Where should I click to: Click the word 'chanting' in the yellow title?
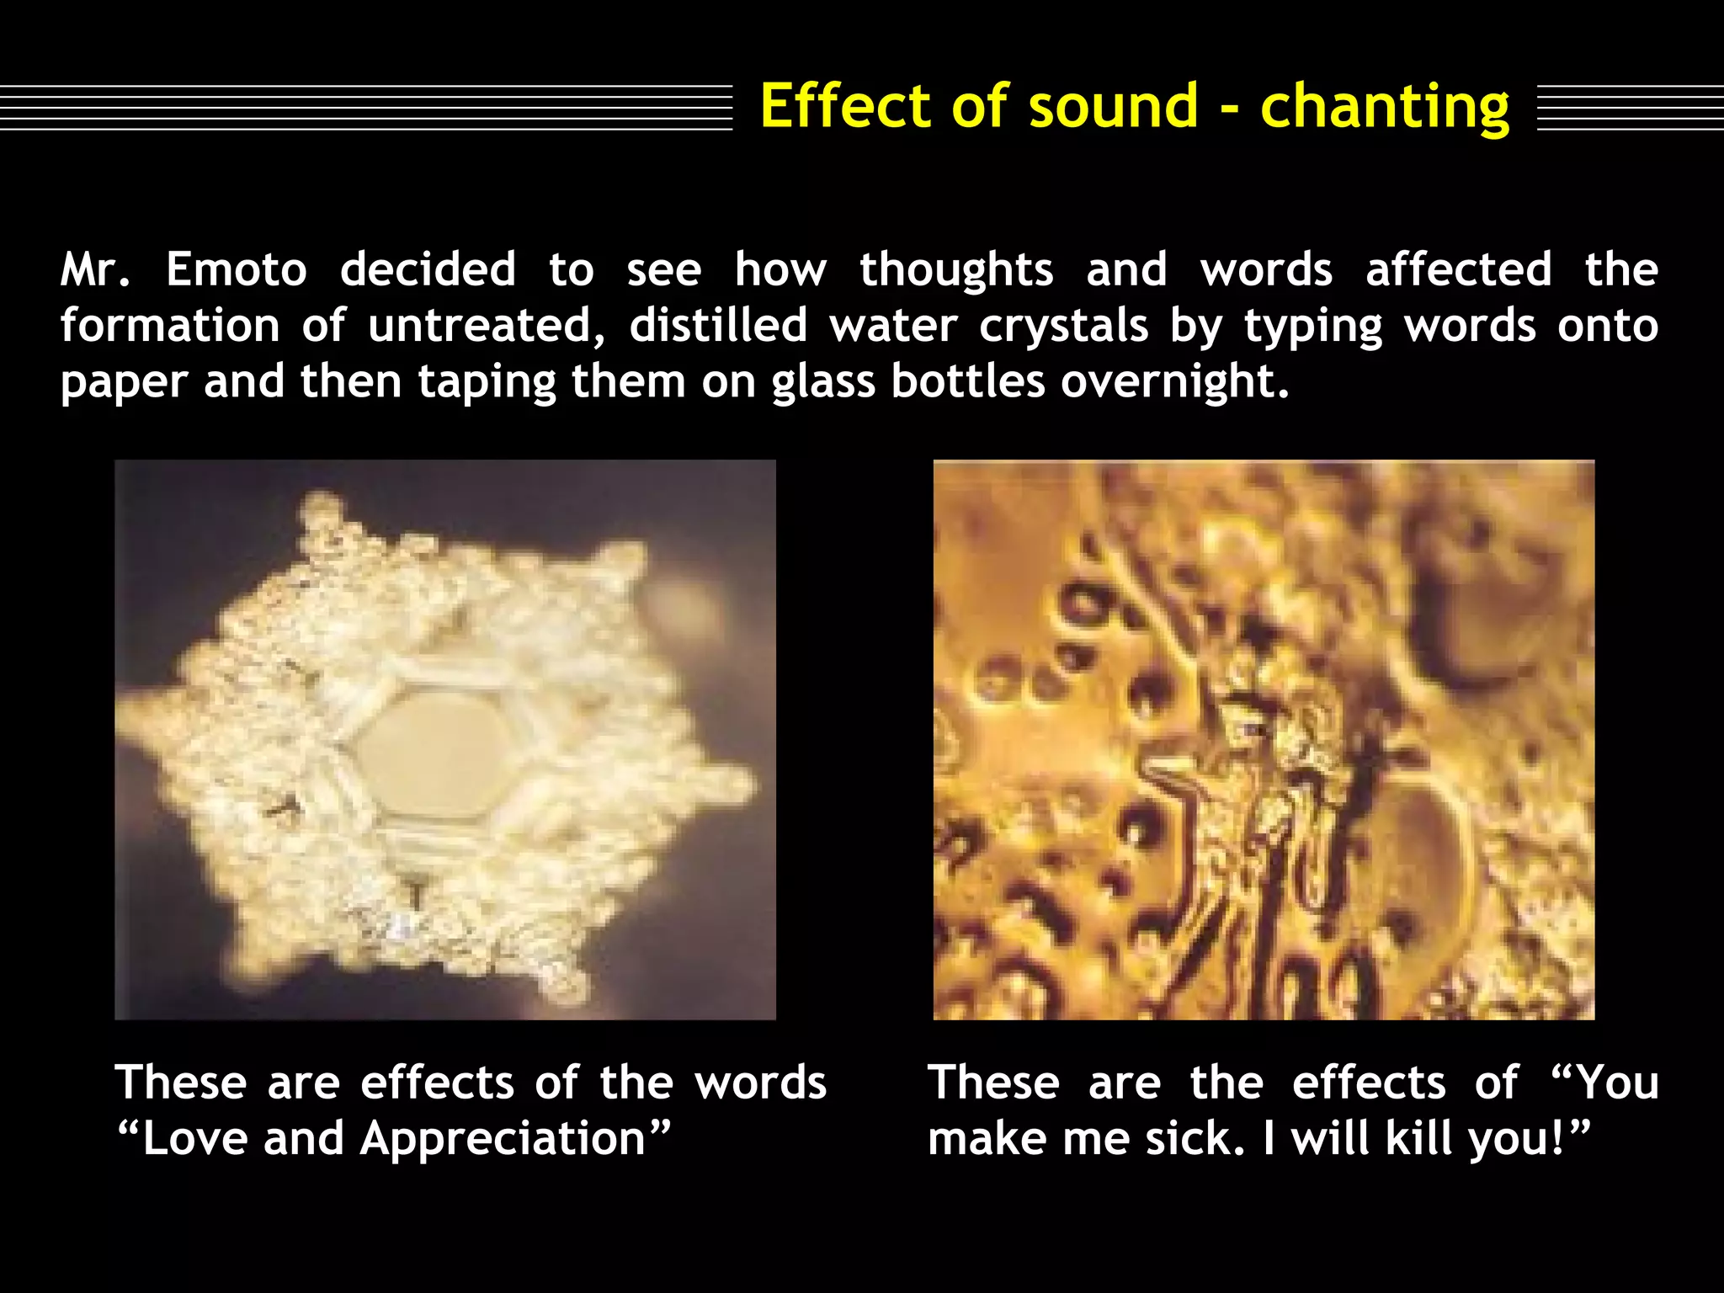coord(1385,108)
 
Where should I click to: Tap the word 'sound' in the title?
coord(1113,106)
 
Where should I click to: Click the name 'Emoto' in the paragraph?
coord(237,269)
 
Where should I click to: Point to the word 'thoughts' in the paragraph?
coord(956,269)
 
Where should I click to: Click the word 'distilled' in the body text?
coord(718,325)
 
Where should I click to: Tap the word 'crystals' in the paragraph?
coord(1063,325)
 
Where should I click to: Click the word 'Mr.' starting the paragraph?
coord(95,269)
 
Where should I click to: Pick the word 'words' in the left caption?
coord(760,1083)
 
